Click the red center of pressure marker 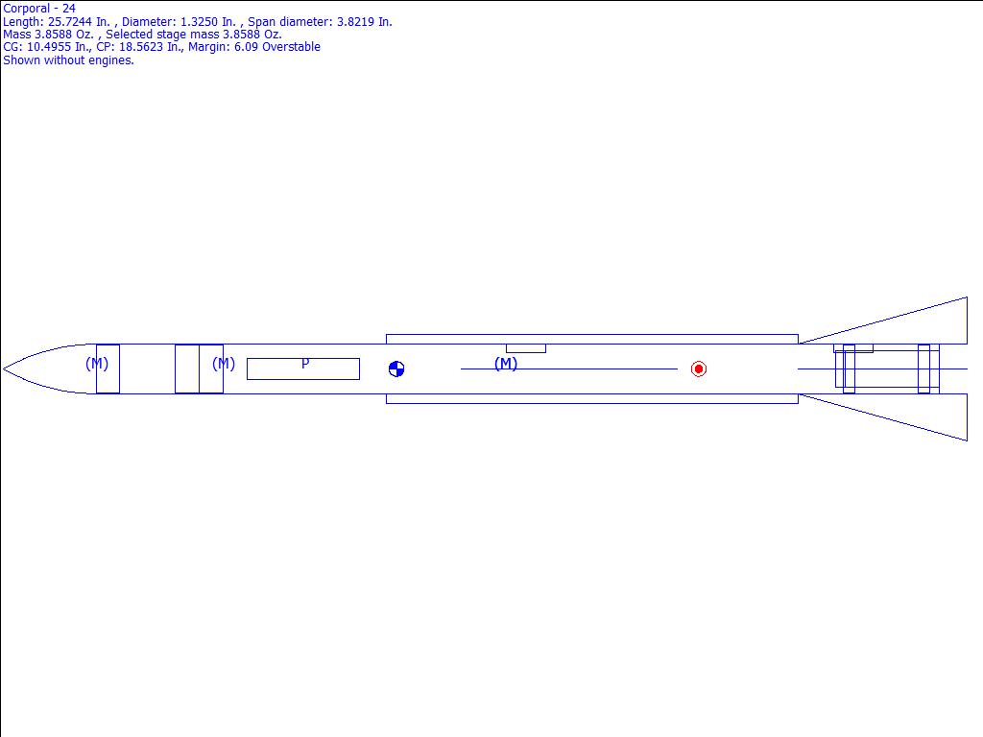[x=699, y=369]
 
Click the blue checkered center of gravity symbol [x=396, y=369]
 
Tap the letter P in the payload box [x=305, y=364]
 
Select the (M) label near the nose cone [x=97, y=364]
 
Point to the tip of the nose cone [x=3, y=369]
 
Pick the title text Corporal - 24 [x=39, y=9]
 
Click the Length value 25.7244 [x=71, y=22]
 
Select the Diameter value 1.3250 [x=198, y=22]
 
